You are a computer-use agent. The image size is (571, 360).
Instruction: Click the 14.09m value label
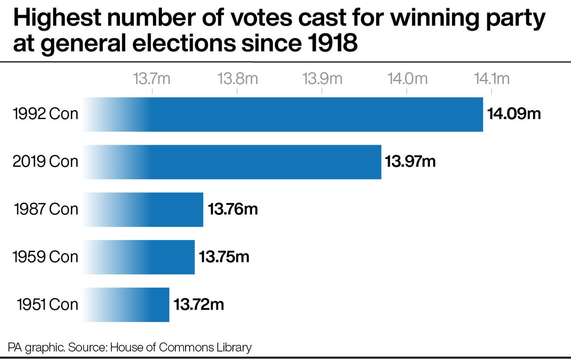[x=514, y=114]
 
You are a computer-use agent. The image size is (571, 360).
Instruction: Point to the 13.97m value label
[x=410, y=161]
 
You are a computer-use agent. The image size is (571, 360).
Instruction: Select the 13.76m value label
[x=233, y=209]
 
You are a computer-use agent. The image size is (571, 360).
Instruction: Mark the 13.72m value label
[x=199, y=304]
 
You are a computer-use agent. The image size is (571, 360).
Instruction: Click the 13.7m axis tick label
[x=152, y=79]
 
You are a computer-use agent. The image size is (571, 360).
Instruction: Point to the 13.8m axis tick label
[x=238, y=79]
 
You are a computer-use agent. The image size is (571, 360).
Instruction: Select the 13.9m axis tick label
[x=323, y=79]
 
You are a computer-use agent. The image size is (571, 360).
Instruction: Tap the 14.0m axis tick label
[x=407, y=79]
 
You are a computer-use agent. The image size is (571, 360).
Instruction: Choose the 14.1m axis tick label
[x=492, y=79]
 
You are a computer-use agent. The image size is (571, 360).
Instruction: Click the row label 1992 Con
[x=46, y=114]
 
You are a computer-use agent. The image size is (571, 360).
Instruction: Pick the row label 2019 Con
[x=46, y=161]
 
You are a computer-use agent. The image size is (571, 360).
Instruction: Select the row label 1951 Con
[x=47, y=304]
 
